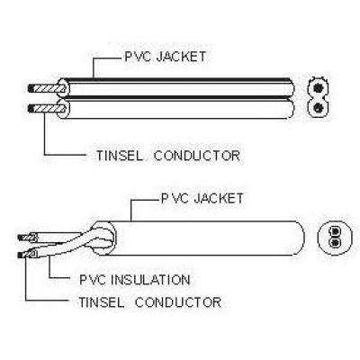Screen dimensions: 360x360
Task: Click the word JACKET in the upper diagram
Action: click(181, 57)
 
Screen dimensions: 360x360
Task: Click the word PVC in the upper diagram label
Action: click(138, 57)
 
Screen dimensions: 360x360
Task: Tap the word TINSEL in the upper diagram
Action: click(120, 156)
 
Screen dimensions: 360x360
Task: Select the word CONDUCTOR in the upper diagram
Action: click(197, 156)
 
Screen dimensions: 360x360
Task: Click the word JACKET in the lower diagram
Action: click(219, 198)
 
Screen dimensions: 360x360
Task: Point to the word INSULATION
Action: click(150, 280)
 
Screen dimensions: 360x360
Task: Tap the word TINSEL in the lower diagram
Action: click(101, 301)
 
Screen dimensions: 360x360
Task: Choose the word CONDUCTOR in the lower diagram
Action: click(178, 301)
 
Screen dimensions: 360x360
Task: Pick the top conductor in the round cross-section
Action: click(335, 231)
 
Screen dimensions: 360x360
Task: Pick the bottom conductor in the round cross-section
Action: click(335, 242)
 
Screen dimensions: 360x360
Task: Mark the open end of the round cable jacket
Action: click(103, 238)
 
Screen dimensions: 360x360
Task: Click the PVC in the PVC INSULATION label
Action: click(92, 280)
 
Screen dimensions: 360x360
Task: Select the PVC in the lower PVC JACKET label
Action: click(175, 198)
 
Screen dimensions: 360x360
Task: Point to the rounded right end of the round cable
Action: click(303, 238)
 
